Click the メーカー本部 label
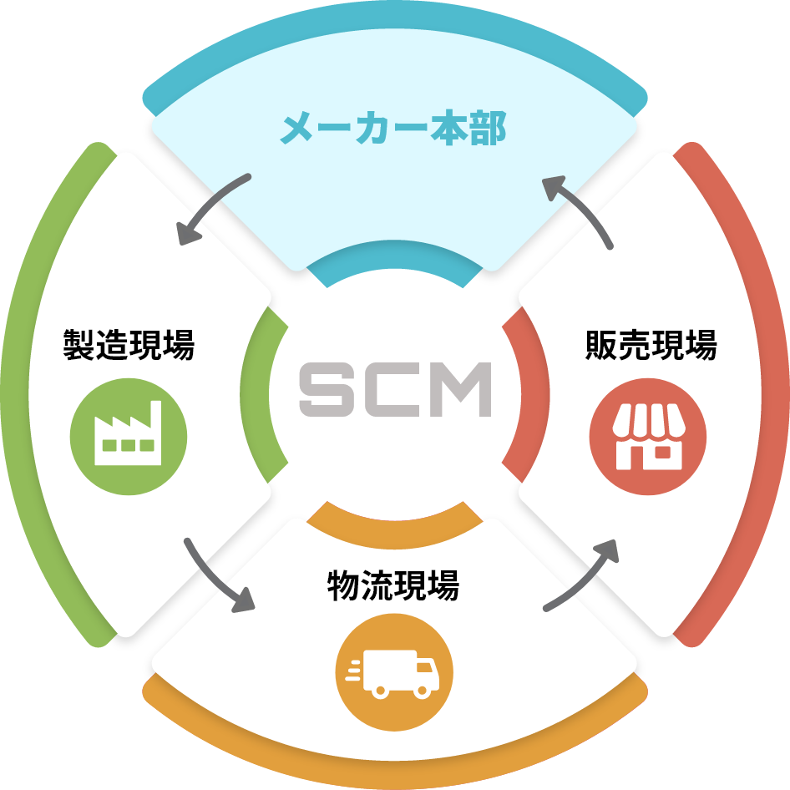(x=392, y=130)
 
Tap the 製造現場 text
(x=129, y=344)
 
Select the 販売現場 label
(x=651, y=344)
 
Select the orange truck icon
(x=393, y=672)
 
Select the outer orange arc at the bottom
(x=394, y=756)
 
